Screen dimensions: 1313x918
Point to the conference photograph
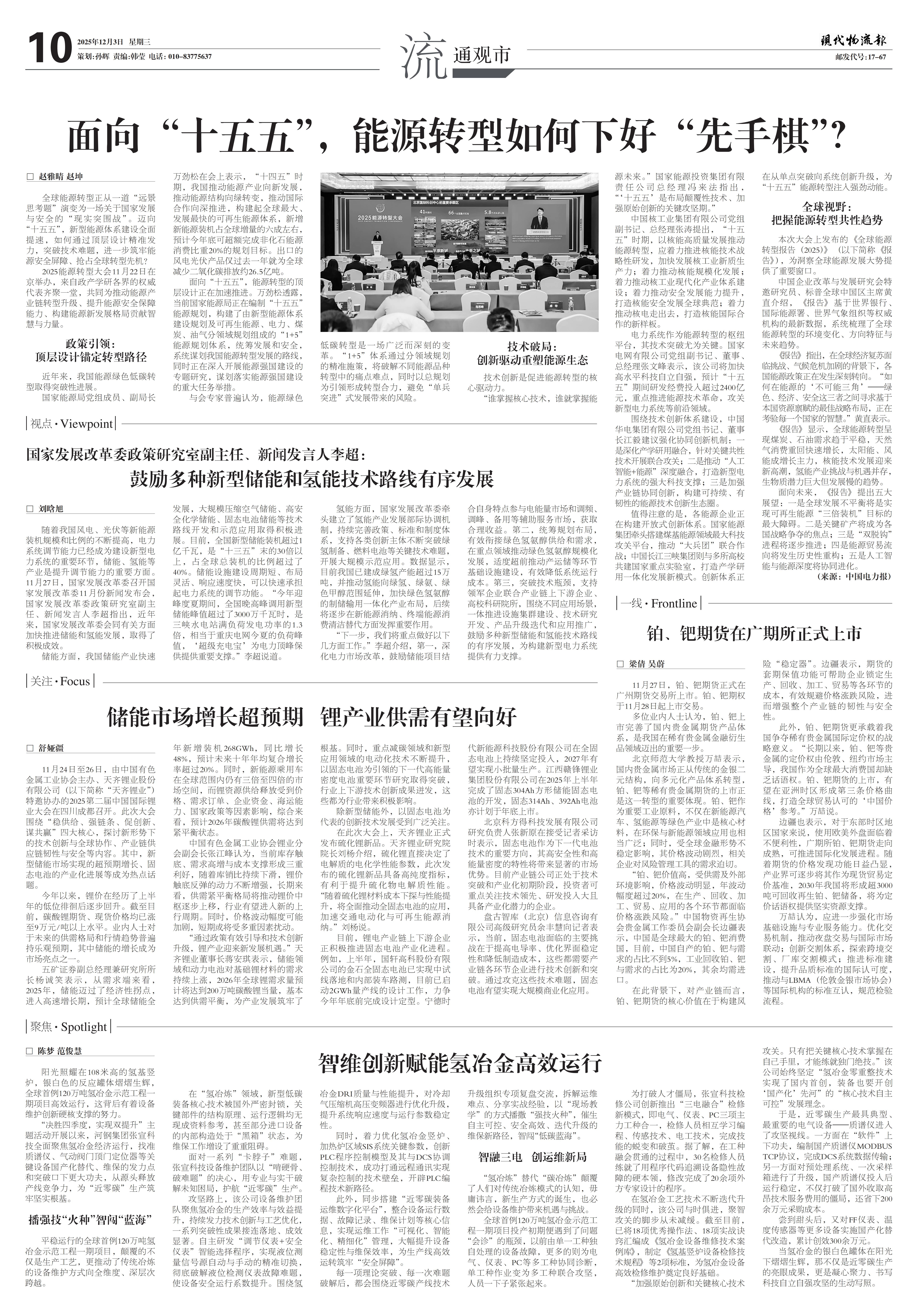[x=459, y=252]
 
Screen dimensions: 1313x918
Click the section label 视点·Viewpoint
[x=72, y=424]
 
